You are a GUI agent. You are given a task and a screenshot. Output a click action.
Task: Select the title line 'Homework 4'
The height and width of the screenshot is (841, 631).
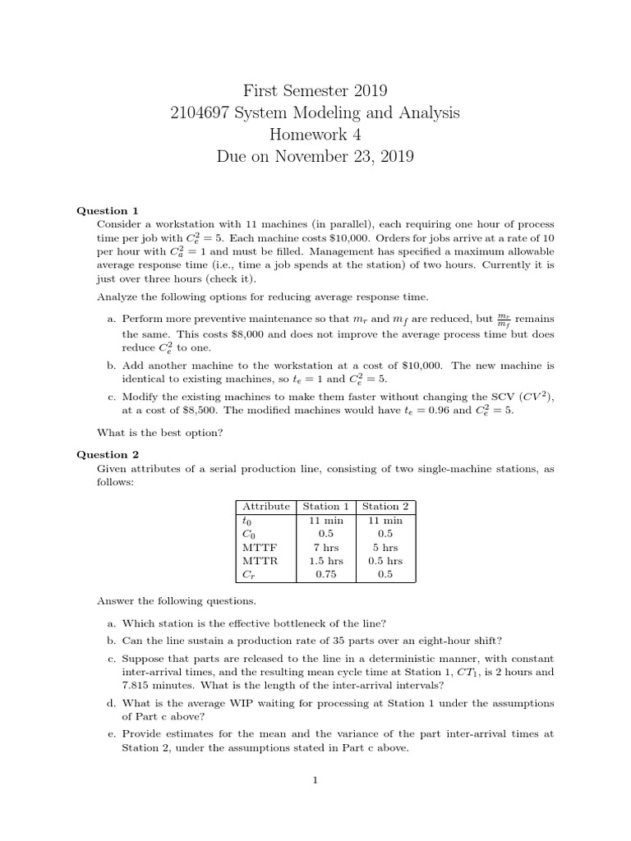pos(315,134)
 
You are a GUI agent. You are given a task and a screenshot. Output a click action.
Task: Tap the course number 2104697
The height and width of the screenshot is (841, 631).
pos(200,112)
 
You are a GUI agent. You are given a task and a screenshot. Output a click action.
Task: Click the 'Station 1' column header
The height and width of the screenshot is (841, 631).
pos(325,506)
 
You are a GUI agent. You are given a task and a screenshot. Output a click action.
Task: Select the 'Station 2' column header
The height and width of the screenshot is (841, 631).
pos(385,506)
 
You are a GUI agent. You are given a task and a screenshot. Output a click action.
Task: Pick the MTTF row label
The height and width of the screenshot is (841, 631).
pos(256,547)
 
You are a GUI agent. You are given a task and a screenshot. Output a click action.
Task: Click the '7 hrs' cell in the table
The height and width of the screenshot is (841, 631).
pos(325,547)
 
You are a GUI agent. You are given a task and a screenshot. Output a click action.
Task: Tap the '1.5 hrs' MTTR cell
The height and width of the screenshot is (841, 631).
pos(325,561)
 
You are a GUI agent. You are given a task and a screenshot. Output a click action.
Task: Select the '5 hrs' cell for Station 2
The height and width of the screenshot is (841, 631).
pos(385,547)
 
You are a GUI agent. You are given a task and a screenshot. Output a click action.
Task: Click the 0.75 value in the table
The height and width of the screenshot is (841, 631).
pos(325,575)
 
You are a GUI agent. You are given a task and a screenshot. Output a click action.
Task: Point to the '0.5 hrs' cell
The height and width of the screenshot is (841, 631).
pos(385,561)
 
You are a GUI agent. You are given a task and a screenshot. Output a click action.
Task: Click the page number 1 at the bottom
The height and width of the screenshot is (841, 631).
pos(315,781)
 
